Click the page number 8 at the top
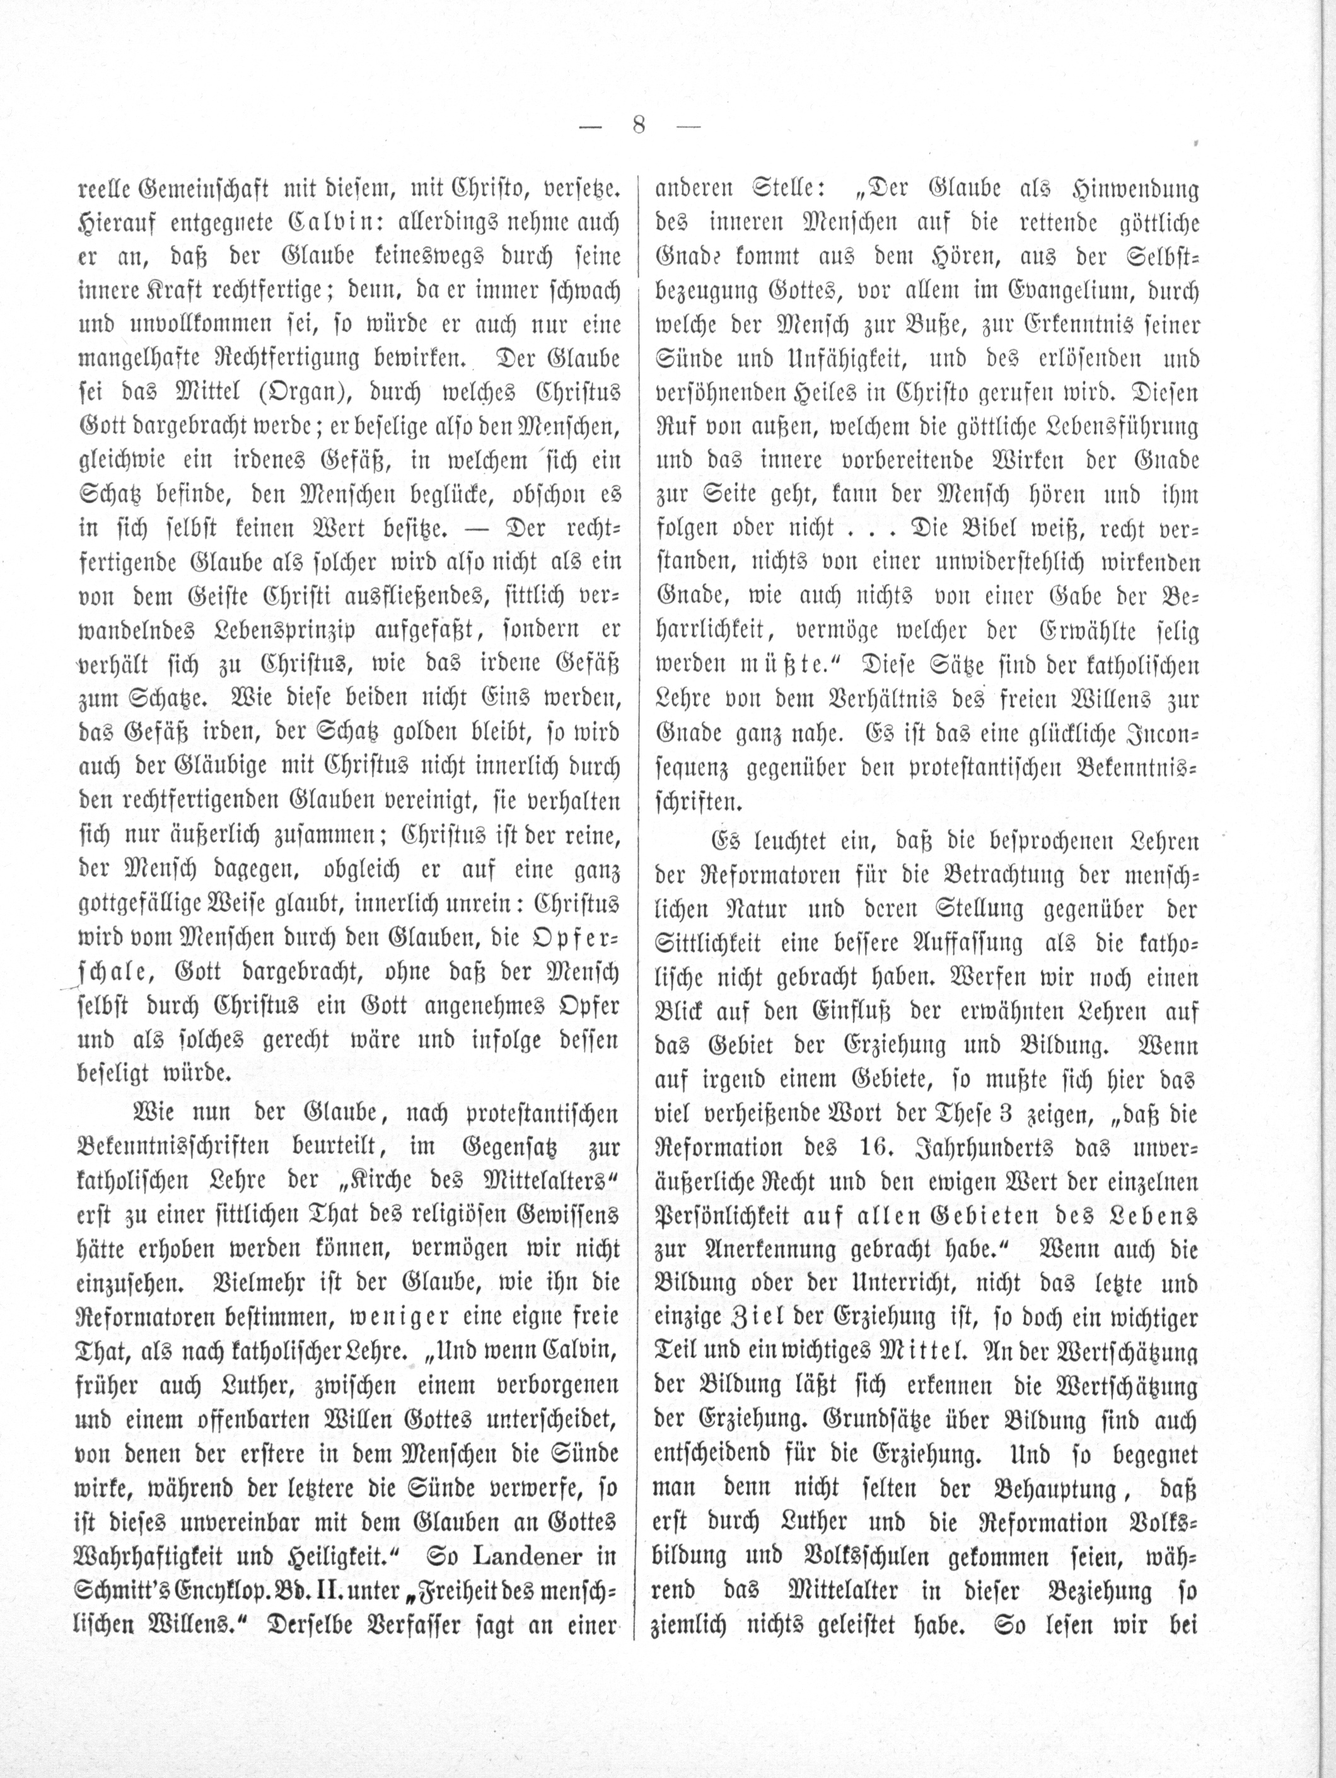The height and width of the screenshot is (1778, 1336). tap(639, 125)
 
